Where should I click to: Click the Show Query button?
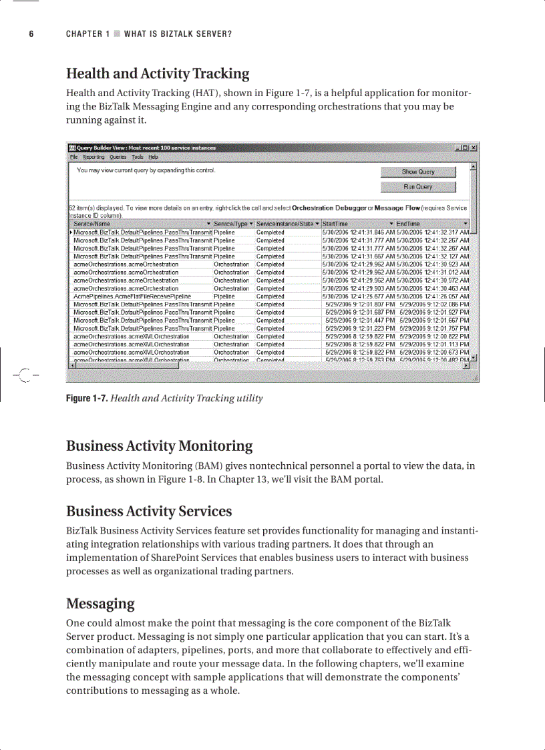point(418,172)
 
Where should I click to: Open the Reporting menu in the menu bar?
point(94,157)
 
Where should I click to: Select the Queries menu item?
point(118,157)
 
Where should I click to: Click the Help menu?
point(153,157)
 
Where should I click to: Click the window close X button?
point(473,148)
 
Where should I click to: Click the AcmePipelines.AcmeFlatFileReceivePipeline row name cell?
point(132,297)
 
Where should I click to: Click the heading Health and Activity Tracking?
point(158,73)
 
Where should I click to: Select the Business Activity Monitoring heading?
point(159,445)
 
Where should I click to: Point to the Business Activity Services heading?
point(149,512)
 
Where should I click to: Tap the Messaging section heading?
point(100,604)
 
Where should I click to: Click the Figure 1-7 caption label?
point(86,399)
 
